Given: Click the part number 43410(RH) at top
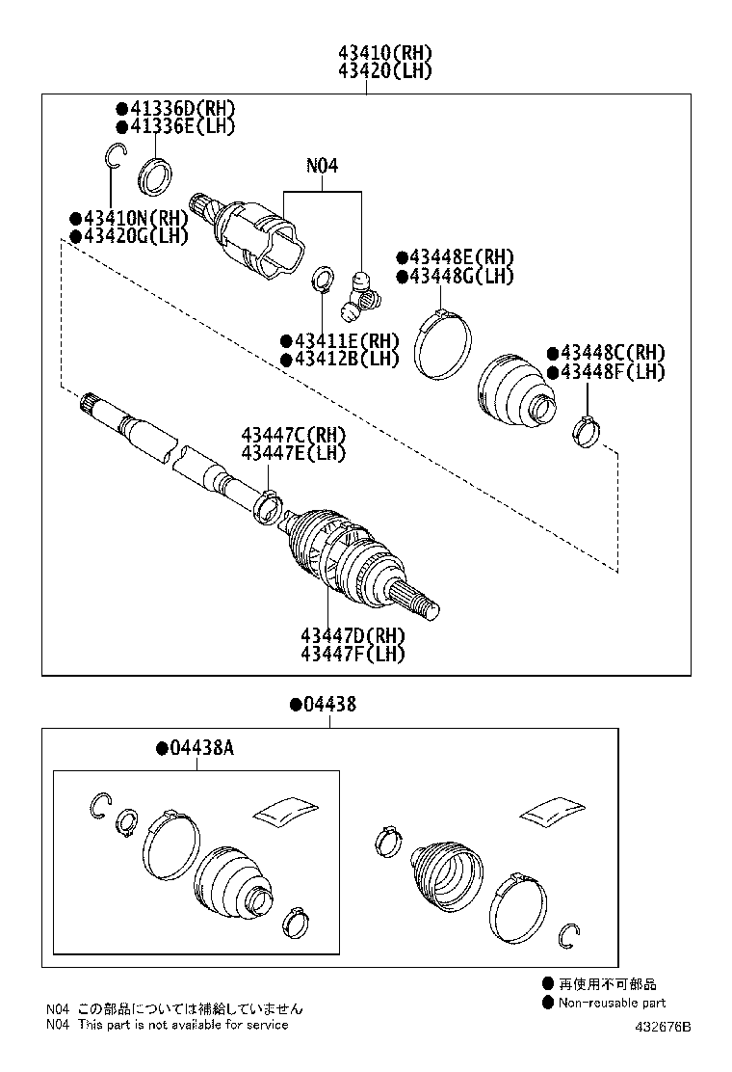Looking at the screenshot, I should tap(384, 52).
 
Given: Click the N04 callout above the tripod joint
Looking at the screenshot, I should tap(322, 165).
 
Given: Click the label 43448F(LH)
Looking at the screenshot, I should tap(606, 372).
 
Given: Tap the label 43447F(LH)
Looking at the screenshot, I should tap(352, 654).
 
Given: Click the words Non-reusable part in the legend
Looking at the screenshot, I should tap(613, 1003).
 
